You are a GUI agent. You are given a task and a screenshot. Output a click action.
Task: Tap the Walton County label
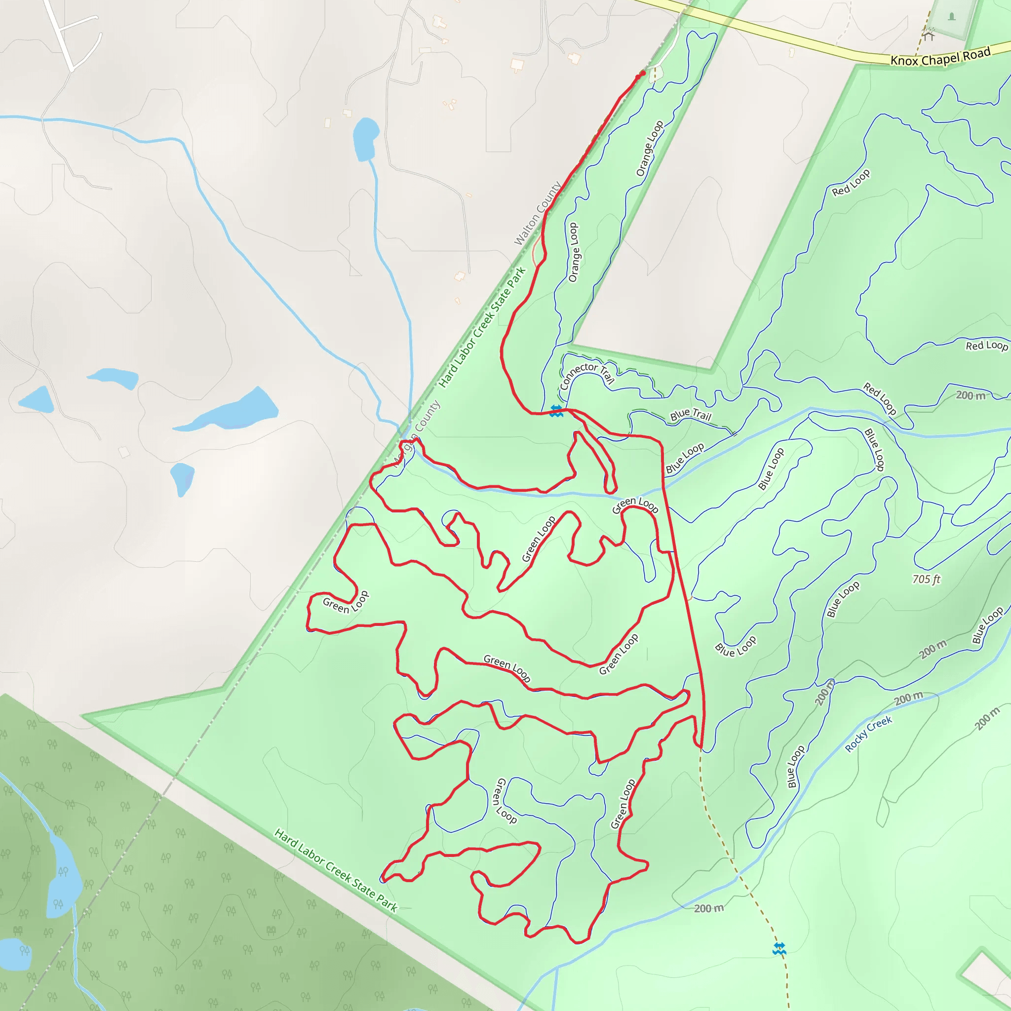pos(538,213)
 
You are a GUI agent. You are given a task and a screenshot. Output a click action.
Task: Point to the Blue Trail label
pos(691,415)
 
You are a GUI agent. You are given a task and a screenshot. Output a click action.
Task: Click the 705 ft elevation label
pos(926,579)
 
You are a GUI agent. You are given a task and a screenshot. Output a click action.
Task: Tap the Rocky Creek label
pos(868,734)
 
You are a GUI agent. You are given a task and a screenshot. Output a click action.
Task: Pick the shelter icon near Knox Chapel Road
pos(929,36)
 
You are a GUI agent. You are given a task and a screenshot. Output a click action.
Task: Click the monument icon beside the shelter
pos(951,17)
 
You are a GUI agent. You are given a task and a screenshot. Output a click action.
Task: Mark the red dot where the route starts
pos(643,74)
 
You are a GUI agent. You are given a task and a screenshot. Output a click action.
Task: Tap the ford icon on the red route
pos(556,411)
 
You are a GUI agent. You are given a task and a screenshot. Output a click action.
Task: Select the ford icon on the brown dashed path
pos(779,949)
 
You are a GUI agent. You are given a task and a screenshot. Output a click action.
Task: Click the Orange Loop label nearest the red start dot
pos(650,149)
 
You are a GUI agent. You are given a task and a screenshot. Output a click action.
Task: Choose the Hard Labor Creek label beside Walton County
pos(482,327)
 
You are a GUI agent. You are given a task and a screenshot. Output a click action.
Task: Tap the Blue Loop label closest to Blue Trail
pos(685,458)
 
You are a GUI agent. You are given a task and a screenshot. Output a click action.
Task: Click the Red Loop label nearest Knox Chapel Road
pos(851,182)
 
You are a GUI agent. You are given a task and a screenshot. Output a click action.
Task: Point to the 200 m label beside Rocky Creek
pos(908,698)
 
